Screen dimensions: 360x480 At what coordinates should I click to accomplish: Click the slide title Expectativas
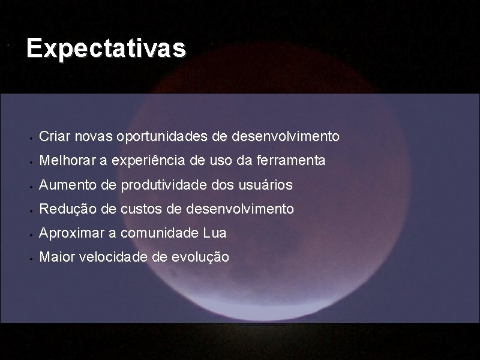106,49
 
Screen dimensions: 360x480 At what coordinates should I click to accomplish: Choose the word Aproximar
66,233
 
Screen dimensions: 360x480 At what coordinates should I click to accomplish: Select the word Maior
53,257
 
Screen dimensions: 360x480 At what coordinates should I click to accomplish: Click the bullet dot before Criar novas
30,138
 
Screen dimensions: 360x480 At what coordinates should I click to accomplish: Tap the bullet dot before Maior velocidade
30,259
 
